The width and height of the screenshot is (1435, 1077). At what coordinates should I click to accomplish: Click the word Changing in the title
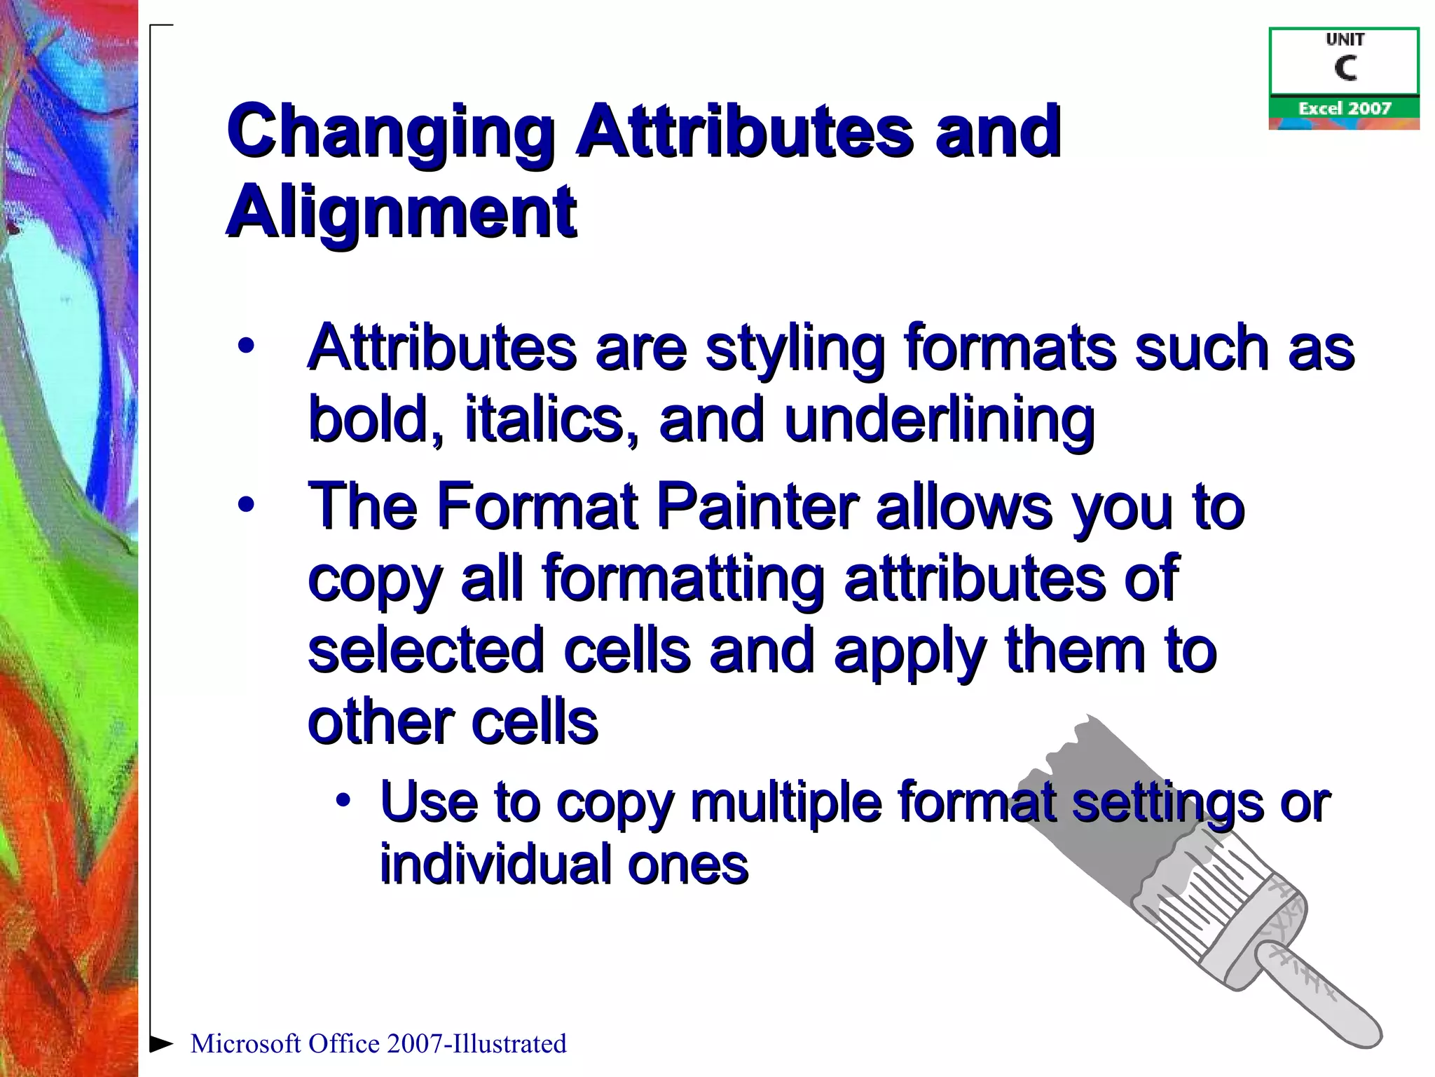[390, 132]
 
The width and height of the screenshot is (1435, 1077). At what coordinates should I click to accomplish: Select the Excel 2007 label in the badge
[1344, 108]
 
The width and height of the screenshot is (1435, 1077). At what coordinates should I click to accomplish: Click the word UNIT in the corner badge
[1345, 40]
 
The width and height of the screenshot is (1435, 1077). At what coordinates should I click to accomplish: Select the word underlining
[939, 421]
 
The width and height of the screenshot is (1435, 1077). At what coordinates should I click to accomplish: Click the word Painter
[757, 506]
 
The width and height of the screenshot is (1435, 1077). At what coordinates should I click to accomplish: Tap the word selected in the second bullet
[426, 651]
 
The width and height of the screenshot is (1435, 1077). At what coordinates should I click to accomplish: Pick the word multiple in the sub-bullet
[785, 803]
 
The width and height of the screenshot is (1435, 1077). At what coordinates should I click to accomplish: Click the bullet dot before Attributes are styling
[245, 346]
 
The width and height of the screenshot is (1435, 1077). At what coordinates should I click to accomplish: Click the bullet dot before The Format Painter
[245, 505]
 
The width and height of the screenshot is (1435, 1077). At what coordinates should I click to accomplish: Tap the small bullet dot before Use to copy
[342, 800]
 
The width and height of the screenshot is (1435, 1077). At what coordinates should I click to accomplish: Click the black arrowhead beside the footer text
[162, 1043]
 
